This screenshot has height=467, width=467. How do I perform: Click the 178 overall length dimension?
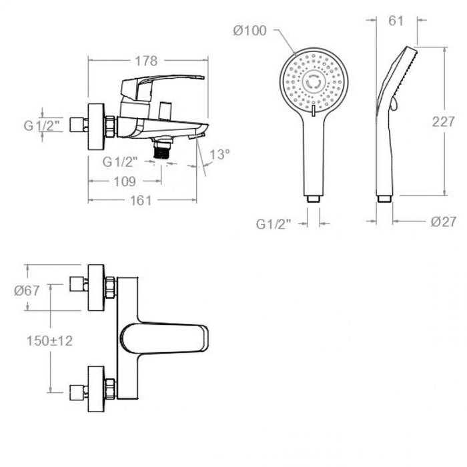pos(146,61)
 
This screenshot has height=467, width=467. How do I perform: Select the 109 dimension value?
pos(125,181)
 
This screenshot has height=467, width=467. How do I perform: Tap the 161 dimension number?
pos(141,200)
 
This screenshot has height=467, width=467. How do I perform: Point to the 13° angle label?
pos(220,154)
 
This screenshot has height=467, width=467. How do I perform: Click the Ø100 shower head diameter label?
pos(250,31)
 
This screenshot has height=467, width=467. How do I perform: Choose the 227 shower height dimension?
pos(444,121)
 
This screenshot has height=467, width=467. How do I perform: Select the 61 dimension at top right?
pos(396,21)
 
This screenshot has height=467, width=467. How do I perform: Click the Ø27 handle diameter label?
pos(444,221)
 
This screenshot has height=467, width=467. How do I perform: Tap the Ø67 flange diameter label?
pos(27,290)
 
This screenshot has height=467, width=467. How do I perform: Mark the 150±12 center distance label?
pos(49,341)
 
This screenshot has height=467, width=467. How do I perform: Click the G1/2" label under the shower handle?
pos(273,224)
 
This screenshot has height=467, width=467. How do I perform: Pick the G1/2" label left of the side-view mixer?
pos(43,125)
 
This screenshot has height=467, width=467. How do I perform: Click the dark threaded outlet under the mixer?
pos(161,150)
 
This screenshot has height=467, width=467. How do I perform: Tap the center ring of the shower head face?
pos(314,83)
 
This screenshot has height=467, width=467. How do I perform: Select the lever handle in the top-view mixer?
pos(164,339)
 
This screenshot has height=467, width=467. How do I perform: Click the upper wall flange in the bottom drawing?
pos(96,288)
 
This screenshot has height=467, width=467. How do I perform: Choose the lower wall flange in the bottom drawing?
pos(96,389)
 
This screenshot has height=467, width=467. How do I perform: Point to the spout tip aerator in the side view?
pos(197,136)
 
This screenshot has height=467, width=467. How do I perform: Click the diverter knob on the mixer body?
pos(165,111)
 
